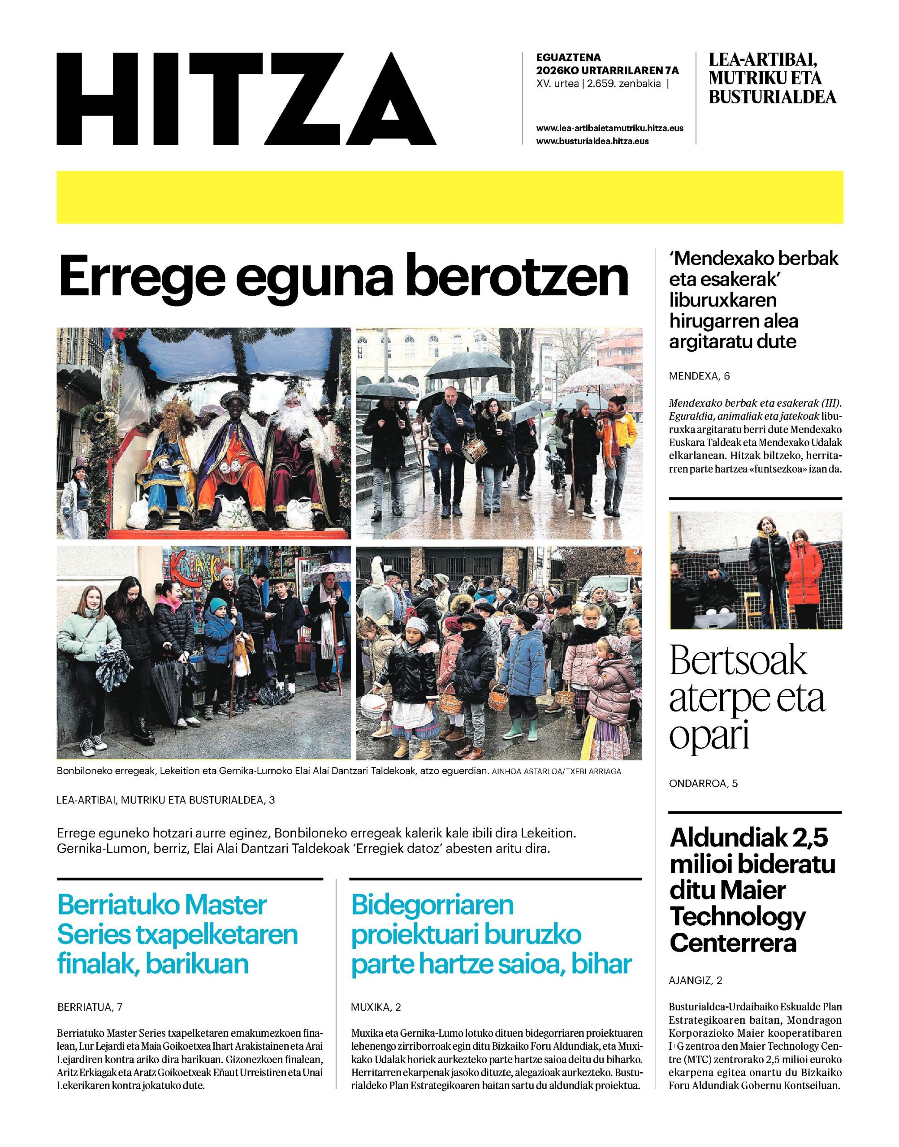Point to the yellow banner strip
(449, 197)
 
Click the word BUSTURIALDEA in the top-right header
(772, 97)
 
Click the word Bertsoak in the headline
(738, 661)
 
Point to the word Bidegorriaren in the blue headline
(432, 906)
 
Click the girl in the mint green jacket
(88, 642)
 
